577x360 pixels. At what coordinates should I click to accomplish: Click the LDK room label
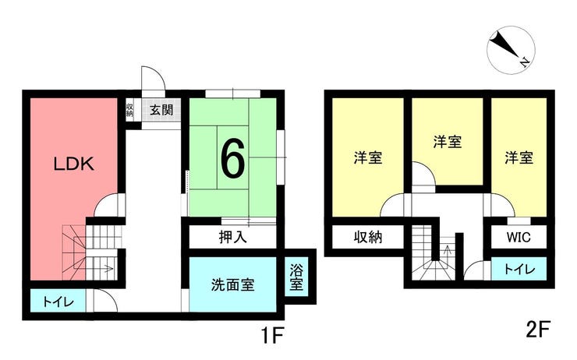74,164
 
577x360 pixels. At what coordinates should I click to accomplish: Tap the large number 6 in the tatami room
232,159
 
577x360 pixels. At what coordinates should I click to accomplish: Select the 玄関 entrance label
161,110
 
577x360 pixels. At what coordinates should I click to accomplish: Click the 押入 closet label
232,237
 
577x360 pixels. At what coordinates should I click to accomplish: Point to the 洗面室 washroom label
232,285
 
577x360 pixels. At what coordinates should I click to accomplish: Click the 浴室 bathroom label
296,277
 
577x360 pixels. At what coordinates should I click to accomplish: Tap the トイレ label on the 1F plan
58,302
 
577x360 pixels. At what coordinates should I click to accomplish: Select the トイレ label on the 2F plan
519,270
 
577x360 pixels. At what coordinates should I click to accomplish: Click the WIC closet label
519,237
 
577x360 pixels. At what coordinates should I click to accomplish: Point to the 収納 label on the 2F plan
368,237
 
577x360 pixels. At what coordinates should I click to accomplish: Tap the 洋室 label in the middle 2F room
448,142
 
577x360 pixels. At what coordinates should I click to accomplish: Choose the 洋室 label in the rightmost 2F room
519,157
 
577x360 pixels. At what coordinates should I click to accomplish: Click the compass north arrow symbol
508,48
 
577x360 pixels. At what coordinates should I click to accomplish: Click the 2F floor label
538,329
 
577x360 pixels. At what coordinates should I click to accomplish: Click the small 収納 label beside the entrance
129,110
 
